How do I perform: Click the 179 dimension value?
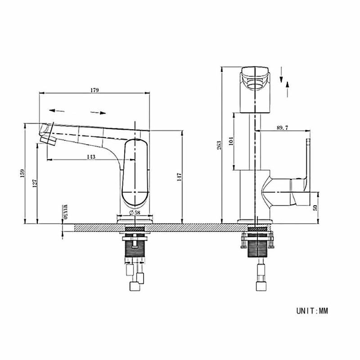coord(94,90)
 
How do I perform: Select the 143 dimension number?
coord(91,157)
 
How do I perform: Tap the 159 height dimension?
coord(22,174)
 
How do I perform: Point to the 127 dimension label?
coord(35,184)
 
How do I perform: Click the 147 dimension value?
coord(179,177)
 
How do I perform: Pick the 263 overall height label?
coord(219,145)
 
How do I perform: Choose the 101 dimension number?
coord(231,141)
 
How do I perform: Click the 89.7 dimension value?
coord(283,128)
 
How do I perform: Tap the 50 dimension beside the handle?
coord(315,208)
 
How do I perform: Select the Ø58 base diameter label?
coord(135,212)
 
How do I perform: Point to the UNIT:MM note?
coord(312,311)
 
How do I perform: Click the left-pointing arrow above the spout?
coord(57,111)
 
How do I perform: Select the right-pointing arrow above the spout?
coord(98,112)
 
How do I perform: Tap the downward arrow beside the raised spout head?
coord(281,75)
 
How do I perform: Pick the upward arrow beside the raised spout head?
coord(287,90)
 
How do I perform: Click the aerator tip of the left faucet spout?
coord(48,140)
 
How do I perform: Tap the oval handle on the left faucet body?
coord(135,172)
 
